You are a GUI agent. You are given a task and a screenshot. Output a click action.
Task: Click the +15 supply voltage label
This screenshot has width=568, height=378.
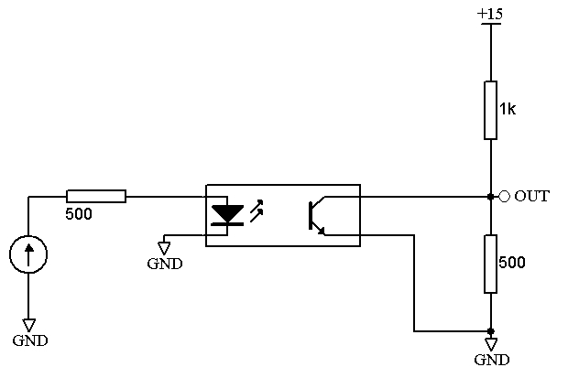tap(490, 14)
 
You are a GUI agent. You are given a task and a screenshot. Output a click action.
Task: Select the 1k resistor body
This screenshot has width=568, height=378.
tap(490, 110)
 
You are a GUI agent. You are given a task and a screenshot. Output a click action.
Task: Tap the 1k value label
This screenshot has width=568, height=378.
tap(508, 109)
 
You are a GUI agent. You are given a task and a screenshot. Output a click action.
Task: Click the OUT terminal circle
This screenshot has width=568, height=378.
tap(504, 197)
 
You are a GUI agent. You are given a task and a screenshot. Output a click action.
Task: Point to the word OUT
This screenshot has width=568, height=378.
tap(531, 196)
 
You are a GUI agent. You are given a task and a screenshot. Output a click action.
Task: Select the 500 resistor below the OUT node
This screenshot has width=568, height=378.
tap(490, 264)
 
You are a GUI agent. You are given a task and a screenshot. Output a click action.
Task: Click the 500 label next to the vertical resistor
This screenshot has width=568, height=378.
tap(512, 262)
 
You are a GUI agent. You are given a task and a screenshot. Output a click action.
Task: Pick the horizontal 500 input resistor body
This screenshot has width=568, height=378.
tap(96, 196)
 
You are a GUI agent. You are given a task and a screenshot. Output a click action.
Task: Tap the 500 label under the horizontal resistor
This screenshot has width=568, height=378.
tap(79, 213)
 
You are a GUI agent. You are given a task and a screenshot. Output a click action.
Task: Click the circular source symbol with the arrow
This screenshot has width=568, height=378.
tap(28, 254)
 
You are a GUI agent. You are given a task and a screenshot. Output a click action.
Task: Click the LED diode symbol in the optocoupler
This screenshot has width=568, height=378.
tap(227, 215)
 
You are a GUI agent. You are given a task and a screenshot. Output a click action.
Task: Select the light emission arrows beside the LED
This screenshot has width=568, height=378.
tap(257, 211)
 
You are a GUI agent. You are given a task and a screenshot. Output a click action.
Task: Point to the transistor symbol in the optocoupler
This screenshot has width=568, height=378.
tap(316, 216)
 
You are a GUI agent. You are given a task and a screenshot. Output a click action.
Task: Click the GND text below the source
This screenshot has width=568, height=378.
tap(30, 340)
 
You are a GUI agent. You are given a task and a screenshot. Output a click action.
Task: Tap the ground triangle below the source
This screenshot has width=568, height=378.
tap(28, 325)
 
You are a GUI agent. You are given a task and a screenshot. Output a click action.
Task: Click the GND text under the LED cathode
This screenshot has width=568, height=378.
tap(165, 264)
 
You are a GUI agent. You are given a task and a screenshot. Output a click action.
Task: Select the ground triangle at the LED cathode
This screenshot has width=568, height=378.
tap(164, 248)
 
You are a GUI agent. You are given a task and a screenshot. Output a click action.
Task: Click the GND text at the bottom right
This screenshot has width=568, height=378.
tap(492, 360)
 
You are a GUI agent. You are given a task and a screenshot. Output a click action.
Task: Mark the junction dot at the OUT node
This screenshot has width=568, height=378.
tap(490, 197)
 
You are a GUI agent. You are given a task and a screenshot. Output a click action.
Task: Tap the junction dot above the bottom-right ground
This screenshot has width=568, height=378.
tap(490, 331)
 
